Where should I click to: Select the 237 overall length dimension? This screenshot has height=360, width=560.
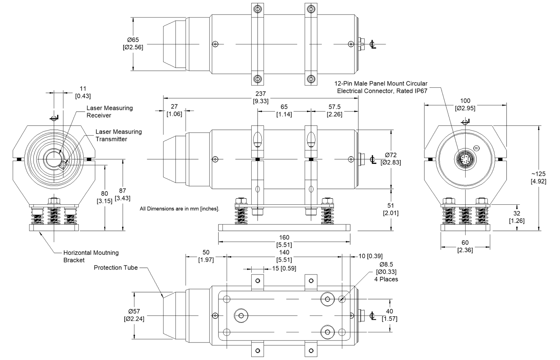point(260,97)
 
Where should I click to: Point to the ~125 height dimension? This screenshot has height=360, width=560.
point(538,177)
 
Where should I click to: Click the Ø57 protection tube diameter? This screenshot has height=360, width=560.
point(134,315)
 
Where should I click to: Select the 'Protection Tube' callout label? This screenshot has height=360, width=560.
point(116,267)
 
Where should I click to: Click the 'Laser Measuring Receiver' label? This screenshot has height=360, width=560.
point(109,112)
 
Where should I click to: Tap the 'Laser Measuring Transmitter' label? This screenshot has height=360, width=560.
point(118,135)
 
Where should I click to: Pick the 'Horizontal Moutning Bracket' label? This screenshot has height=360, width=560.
point(91,256)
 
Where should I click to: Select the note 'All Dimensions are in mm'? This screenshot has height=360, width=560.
point(179,208)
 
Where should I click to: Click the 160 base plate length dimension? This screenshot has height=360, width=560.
point(284,241)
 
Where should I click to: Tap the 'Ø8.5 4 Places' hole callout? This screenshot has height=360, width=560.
point(386,271)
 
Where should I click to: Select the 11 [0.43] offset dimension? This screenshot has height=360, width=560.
point(83,92)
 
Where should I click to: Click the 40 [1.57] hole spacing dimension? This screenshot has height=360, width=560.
point(389,315)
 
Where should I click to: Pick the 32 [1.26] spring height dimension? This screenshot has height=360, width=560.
point(517,217)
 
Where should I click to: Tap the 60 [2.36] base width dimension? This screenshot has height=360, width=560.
point(465,246)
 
